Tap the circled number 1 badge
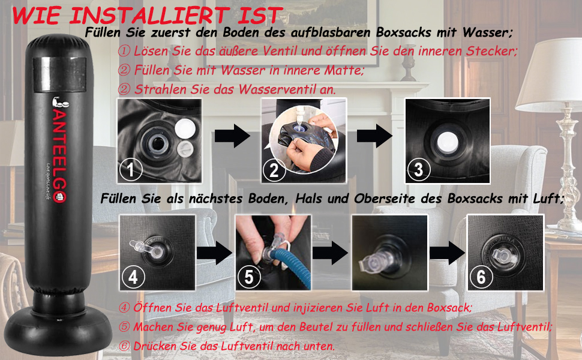tap(130, 169)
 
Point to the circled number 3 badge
tap(419, 169)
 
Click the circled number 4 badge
tap(133, 277)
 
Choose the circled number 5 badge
tap(248, 277)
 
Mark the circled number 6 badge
tap(481, 277)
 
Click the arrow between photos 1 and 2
tap(232, 136)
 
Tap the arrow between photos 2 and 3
tap(374, 136)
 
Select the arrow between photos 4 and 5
tap(215, 253)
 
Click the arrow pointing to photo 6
tap(447, 253)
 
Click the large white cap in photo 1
tap(185, 128)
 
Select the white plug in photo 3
tap(448, 142)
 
